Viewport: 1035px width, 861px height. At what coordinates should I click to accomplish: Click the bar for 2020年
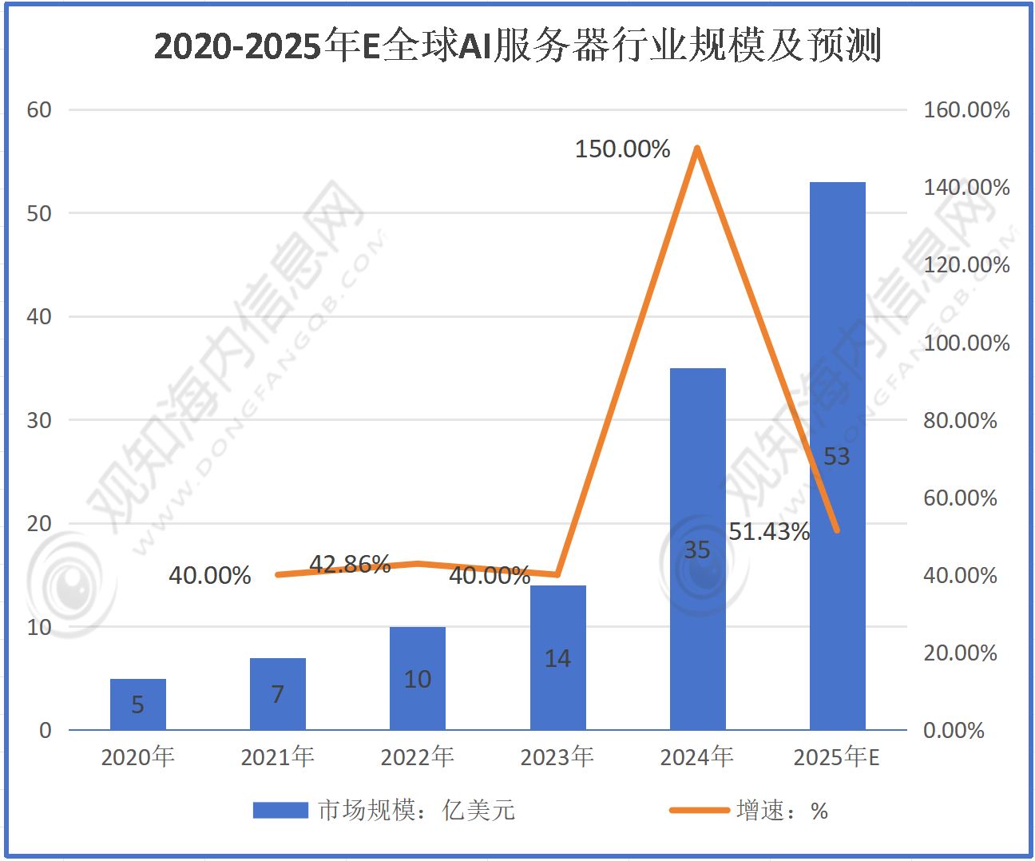[x=138, y=704]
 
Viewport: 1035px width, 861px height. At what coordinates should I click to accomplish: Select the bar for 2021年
[x=278, y=694]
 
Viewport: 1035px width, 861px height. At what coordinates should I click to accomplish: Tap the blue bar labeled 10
[x=418, y=678]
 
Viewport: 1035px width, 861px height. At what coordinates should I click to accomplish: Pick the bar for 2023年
[x=557, y=657]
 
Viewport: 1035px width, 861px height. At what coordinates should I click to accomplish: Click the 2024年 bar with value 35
[x=697, y=549]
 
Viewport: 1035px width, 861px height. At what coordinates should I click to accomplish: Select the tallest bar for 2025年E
[x=837, y=455]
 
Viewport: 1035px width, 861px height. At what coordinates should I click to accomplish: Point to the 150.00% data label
[x=622, y=149]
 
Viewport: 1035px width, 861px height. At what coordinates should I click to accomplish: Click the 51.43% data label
[x=769, y=531]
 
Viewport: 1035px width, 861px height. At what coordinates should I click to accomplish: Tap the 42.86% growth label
[x=350, y=564]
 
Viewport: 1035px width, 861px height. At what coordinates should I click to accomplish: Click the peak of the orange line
[x=697, y=149]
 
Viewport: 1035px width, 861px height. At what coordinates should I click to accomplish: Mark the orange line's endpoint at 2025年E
[x=837, y=530]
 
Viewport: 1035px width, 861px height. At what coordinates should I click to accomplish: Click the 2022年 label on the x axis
[x=418, y=756]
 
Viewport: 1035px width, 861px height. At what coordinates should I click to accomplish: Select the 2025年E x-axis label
[x=837, y=756]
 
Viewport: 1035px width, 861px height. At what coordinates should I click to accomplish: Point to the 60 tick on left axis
[x=39, y=110]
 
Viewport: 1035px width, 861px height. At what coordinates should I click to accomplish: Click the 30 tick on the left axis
[x=39, y=420]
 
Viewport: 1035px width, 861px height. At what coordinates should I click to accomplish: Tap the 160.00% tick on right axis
[x=966, y=110]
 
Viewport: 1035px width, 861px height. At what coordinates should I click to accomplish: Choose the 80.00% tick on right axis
[x=960, y=420]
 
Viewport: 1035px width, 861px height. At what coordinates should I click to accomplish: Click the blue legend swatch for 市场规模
[x=280, y=811]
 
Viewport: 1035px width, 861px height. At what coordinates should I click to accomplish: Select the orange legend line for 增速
[x=700, y=811]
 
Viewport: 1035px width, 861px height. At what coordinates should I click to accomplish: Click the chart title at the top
[x=517, y=46]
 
